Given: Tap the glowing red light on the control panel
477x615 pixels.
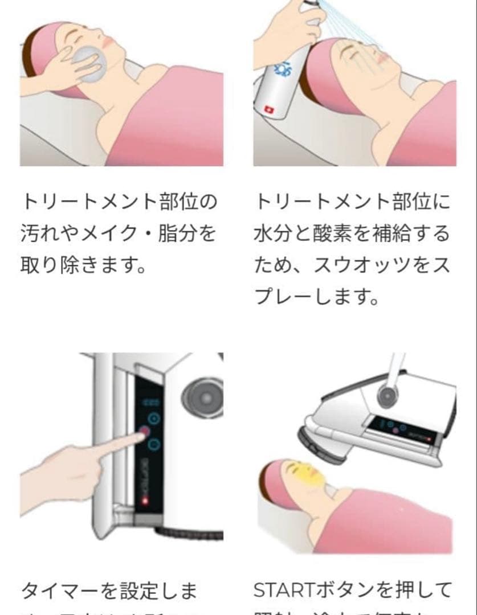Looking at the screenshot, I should pyautogui.click(x=145, y=502).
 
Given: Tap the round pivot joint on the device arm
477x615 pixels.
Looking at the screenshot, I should pyautogui.click(x=388, y=392).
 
